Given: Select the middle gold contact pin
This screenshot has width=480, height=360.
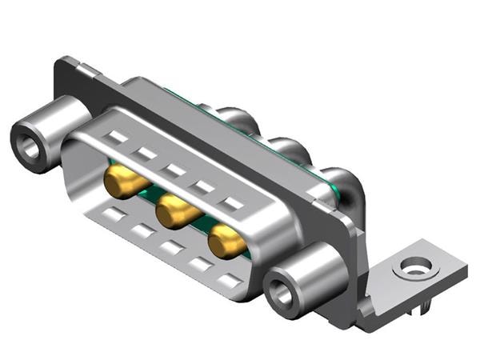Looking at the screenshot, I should [x=175, y=212].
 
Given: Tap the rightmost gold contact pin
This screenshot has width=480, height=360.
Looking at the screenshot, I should [x=226, y=241].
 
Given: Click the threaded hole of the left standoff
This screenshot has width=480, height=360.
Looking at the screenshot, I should [x=30, y=146].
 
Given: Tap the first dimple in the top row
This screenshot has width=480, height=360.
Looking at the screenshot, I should [x=117, y=137].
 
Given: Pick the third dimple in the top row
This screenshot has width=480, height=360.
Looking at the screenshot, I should [x=174, y=169].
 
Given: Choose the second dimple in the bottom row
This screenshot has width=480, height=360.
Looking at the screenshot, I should [x=143, y=231].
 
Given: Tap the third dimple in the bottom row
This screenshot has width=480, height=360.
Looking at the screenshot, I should [x=171, y=248].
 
